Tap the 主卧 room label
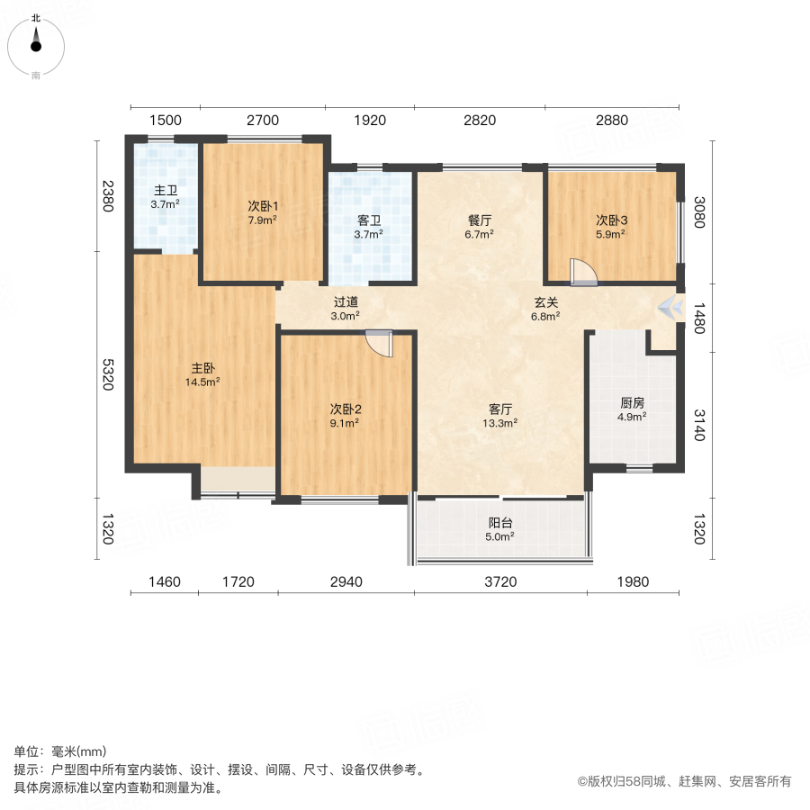pos(202,368)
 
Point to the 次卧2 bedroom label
pos(346,409)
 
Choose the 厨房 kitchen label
pos(633,404)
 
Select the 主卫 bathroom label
pos(165,191)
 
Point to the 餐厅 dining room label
pos(480,221)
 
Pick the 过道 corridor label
pos(346,302)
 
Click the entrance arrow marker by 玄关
pos(669,307)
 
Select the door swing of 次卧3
pos(581,271)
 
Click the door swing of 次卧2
pos(380,344)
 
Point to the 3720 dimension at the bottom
pos(500,582)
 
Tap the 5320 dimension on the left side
pos(108,373)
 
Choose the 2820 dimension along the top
pos(480,121)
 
